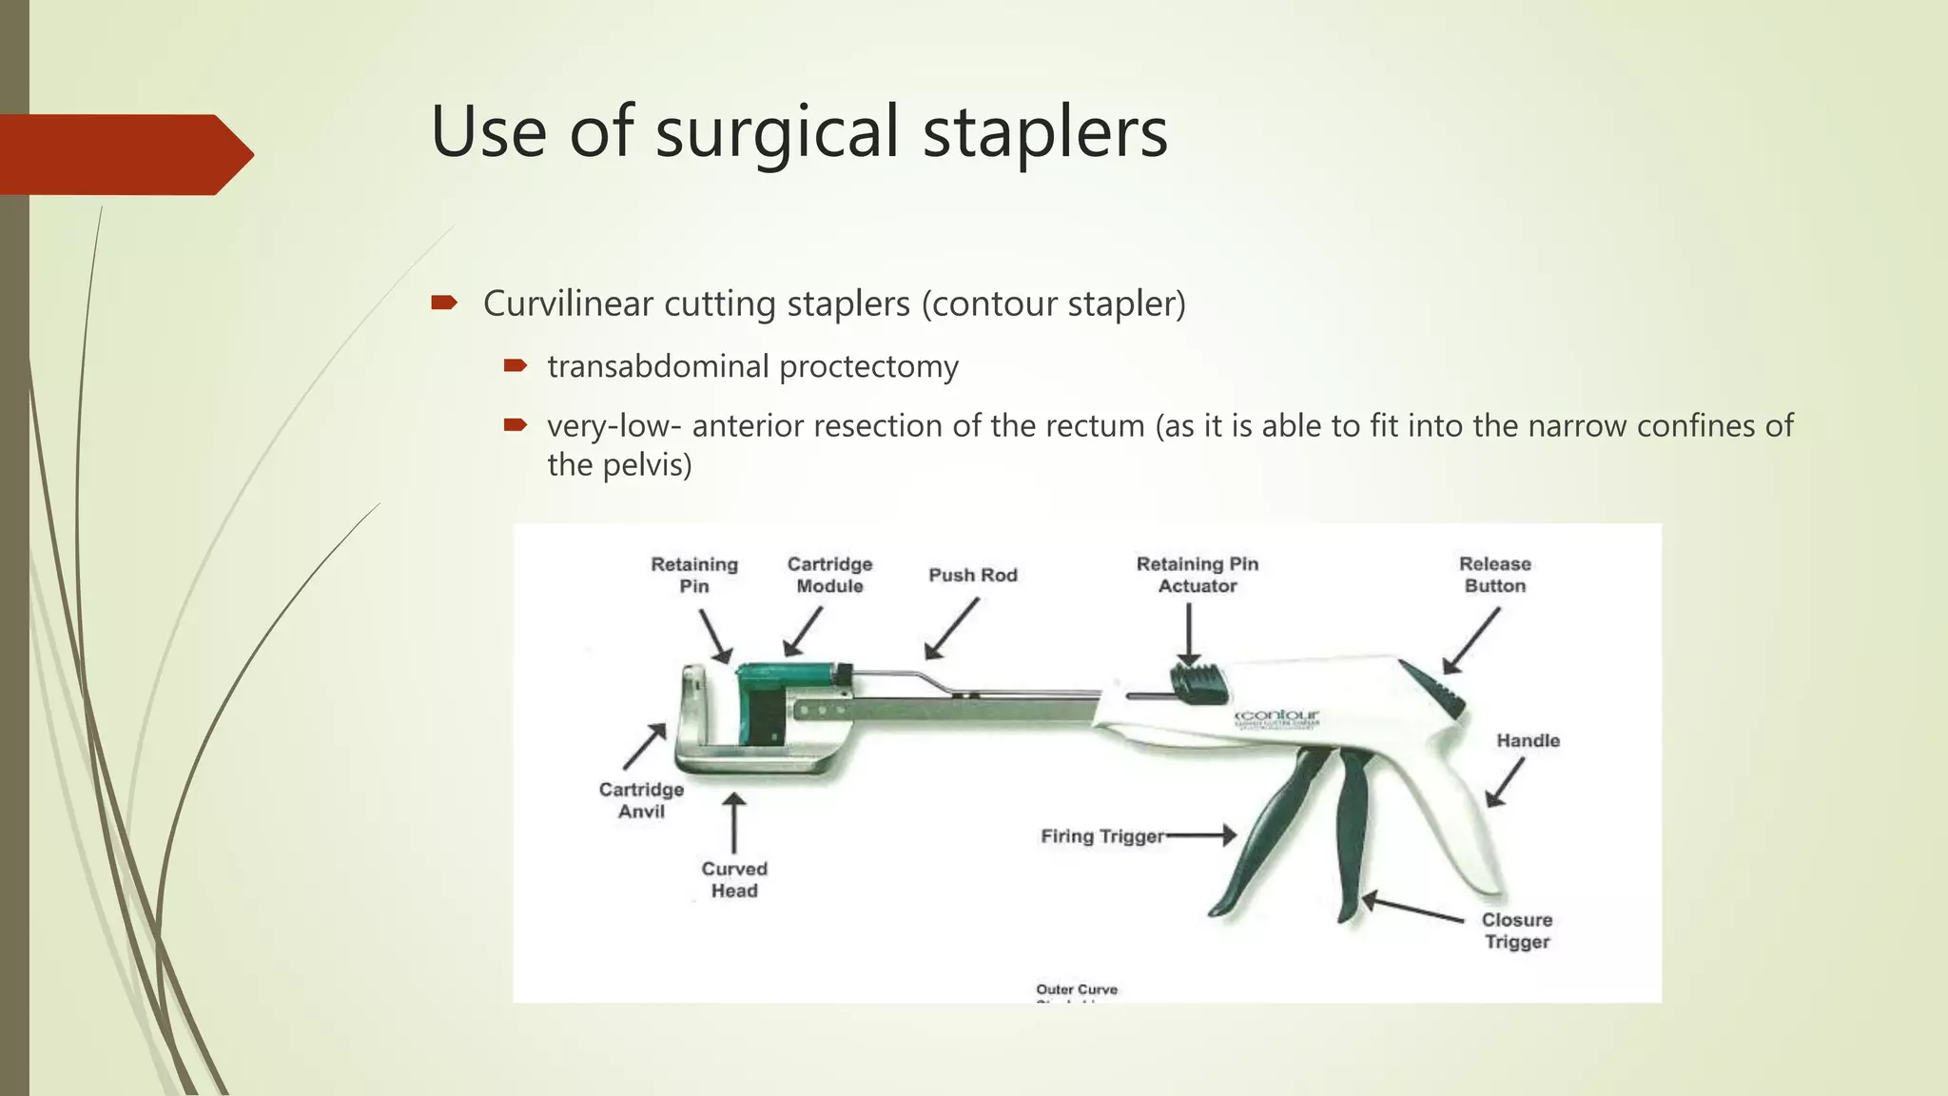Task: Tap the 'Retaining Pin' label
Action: tap(693, 576)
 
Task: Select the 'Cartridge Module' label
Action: tap(829, 576)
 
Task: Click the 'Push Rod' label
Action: tap(972, 576)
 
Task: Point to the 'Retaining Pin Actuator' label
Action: tap(1197, 576)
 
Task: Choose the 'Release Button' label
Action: tap(1494, 576)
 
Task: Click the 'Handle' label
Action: tap(1528, 741)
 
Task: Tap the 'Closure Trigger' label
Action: tap(1516, 931)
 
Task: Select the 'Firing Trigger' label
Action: tap(1101, 837)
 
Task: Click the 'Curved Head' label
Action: tap(733, 880)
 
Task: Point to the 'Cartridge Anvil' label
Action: tap(641, 801)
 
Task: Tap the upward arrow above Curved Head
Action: tap(733, 824)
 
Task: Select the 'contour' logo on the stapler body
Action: tap(1277, 715)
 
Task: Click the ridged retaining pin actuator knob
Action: tap(1198, 684)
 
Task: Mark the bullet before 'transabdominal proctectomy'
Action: tap(515, 365)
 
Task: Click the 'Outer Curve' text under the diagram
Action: tap(1077, 990)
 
